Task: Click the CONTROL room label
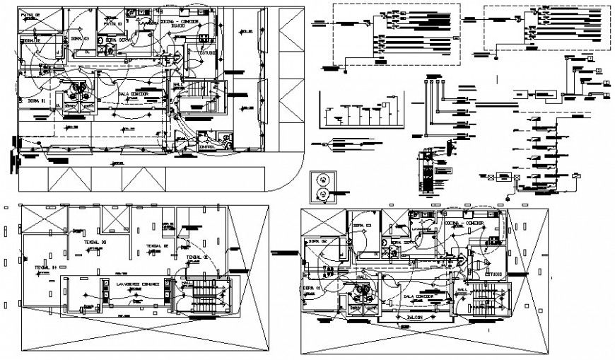(x=207, y=146)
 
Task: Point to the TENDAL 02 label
(x=157, y=246)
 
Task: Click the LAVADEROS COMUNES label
(x=139, y=283)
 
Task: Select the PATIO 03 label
(x=112, y=23)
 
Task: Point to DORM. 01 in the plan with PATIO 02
(x=36, y=101)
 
